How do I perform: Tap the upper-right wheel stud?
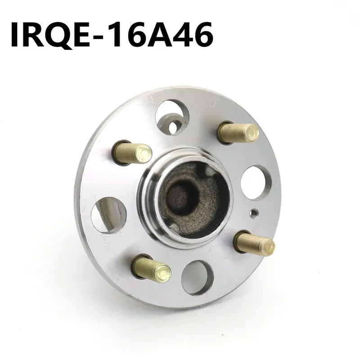238,133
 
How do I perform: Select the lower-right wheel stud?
255,243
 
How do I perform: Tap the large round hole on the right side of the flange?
256,183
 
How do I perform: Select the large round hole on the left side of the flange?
108,215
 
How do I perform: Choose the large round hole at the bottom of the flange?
197,278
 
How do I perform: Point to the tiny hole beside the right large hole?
254,213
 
